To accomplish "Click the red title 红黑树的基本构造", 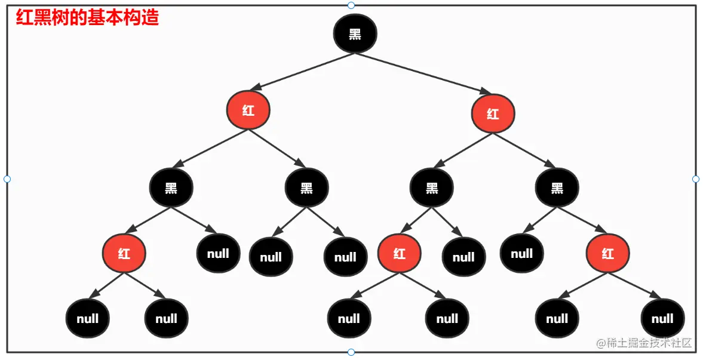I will [87, 17].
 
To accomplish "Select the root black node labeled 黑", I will [355, 33].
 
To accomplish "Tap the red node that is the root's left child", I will [248, 110].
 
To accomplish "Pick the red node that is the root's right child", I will [493, 113].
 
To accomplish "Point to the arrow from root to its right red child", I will [424, 73].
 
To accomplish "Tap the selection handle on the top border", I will [351, 5].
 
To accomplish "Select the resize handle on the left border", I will [7, 179].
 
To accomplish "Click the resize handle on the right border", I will [696, 179].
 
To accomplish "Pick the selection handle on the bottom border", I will [351, 352].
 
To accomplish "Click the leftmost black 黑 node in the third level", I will [171, 188].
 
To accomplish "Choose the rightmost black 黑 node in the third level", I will [557, 188].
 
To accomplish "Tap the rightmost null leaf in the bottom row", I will [662, 319].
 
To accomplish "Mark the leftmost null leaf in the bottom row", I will [87, 319].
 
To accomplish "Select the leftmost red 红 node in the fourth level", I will [124, 253].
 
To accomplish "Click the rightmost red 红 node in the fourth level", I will [607, 253].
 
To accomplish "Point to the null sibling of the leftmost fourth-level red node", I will [218, 253].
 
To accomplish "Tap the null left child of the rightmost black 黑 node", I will [521, 253].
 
